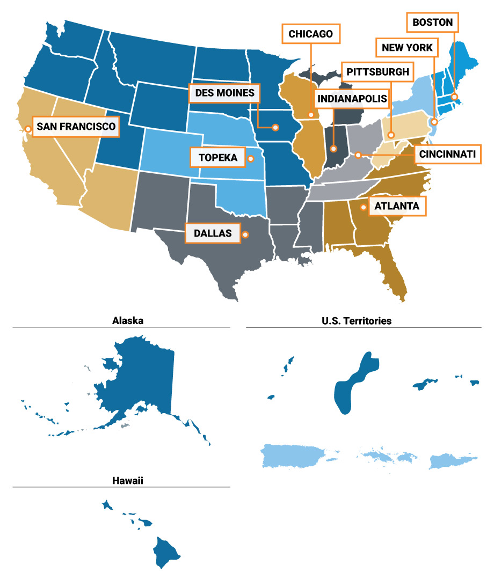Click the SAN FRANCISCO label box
[76, 127]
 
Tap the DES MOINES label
[224, 93]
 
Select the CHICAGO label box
[311, 34]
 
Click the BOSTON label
[433, 23]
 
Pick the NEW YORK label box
[407, 48]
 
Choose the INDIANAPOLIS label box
[352, 99]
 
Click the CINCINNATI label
[447, 155]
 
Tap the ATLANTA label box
[397, 206]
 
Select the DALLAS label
[213, 233]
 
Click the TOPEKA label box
[217, 158]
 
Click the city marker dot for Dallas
[245, 234]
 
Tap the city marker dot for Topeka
[250, 158]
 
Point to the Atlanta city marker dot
[364, 207]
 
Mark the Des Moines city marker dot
[275, 128]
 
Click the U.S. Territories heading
[357, 321]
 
